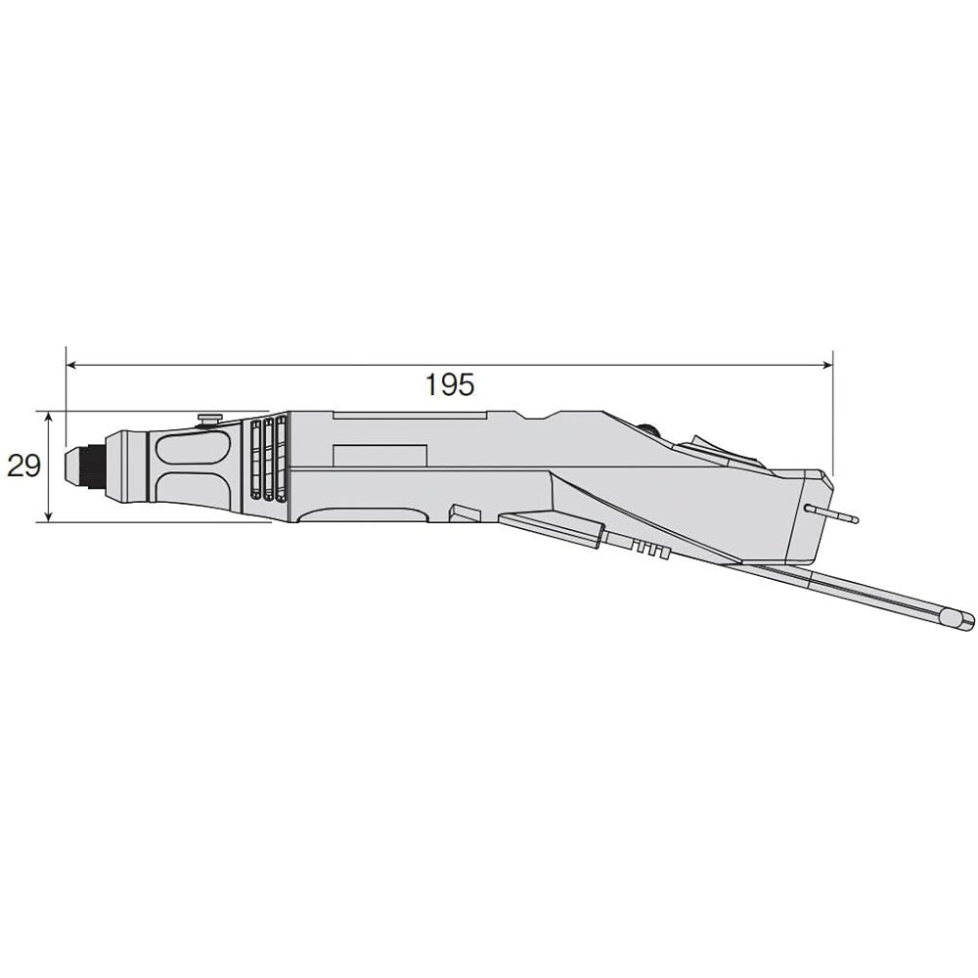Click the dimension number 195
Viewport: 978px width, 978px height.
click(449, 384)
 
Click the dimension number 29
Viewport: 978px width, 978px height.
click(23, 466)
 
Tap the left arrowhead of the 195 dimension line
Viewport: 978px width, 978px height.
click(71, 365)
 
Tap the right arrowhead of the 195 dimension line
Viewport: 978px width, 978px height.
click(827, 365)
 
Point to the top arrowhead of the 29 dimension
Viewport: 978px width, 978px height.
click(48, 417)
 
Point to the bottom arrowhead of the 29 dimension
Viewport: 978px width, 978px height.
click(48, 515)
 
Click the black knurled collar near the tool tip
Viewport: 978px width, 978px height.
click(97, 466)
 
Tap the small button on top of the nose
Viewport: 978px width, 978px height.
click(208, 420)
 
